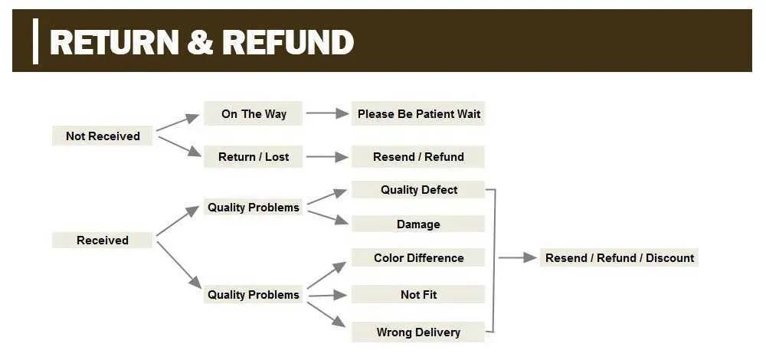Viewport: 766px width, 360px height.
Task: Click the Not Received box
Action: coord(103,136)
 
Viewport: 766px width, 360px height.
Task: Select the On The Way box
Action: coord(253,114)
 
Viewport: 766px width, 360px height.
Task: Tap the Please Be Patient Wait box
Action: coord(418,114)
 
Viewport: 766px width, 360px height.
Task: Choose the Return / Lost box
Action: coord(253,157)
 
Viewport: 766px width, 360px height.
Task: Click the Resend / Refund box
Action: coord(418,157)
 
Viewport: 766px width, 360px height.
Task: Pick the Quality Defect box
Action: coord(418,189)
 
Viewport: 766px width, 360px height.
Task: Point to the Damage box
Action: coord(418,224)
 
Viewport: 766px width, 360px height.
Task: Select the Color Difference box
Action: coord(418,257)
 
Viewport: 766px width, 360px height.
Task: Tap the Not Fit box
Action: coord(418,295)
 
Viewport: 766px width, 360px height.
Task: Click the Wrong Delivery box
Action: coord(418,332)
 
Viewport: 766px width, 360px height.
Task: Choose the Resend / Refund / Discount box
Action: coord(620,257)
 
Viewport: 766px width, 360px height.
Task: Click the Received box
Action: coord(103,240)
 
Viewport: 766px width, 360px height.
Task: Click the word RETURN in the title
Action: coord(114,42)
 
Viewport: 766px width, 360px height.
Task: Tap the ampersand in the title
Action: coord(200,42)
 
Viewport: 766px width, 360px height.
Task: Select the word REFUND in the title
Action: coord(288,42)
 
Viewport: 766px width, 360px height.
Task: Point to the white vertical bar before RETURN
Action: coord(35,41)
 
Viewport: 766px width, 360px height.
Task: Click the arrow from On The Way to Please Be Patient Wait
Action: coord(328,113)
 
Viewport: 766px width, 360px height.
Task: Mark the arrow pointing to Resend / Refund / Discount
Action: coord(518,257)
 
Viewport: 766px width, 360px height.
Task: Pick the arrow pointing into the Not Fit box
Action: coord(327,295)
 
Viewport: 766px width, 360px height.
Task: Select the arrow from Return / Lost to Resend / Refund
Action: coord(328,157)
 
